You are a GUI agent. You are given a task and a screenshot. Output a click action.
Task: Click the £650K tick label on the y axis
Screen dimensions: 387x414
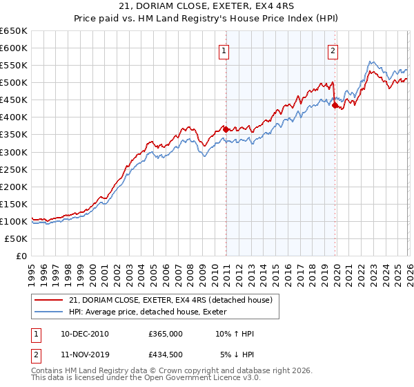[14, 31]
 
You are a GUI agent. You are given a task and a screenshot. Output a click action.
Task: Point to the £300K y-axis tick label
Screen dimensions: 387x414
[14, 152]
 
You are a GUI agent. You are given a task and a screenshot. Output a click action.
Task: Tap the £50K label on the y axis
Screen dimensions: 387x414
[17, 238]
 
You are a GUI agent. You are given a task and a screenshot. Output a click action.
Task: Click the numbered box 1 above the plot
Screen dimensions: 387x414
[225, 50]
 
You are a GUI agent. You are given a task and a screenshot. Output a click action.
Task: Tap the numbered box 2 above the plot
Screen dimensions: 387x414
[333, 50]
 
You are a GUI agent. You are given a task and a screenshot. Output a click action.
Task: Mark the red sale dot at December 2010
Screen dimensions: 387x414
[226, 129]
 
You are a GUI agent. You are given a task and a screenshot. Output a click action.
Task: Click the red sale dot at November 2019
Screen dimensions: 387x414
[335, 105]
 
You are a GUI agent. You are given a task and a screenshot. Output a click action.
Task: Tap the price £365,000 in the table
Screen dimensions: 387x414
[165, 334]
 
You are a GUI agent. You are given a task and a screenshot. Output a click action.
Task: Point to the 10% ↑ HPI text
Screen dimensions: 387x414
[235, 334]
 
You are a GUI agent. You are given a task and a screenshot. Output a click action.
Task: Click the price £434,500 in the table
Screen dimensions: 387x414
[165, 355]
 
